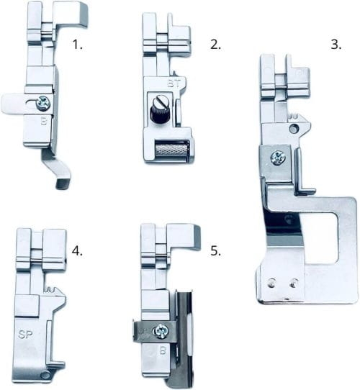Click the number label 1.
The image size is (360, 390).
point(77,45)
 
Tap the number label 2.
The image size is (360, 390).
point(215,45)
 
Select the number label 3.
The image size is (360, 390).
point(336,45)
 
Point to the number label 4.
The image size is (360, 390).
point(77,250)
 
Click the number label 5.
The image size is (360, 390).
point(215,250)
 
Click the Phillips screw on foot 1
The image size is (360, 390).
point(42,103)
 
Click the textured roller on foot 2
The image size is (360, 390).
point(171,148)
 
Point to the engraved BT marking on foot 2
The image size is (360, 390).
point(174,83)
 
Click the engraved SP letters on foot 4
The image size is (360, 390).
point(26,335)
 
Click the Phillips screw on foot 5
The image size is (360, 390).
point(161,331)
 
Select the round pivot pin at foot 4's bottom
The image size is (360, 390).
point(45,375)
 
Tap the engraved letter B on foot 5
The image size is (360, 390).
point(163,350)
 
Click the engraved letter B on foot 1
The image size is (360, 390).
point(44,121)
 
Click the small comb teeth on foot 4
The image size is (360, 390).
point(50,289)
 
